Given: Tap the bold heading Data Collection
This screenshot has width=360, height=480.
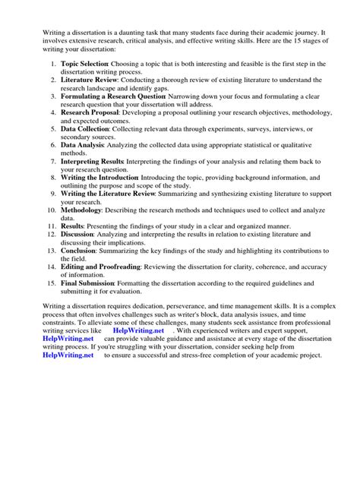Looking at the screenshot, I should (84, 131).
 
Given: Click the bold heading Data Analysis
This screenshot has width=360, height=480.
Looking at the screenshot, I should (81, 153).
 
